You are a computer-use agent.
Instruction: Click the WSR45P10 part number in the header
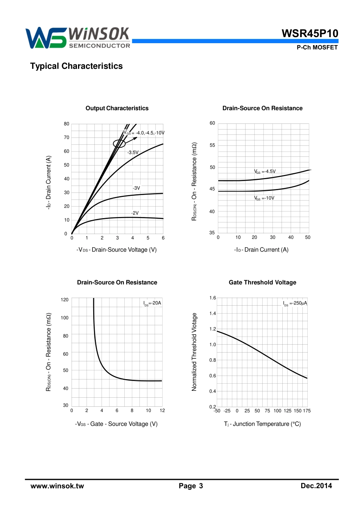(310, 33)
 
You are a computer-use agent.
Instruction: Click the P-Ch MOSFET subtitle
(317, 47)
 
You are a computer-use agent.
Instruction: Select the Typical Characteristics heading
(77, 66)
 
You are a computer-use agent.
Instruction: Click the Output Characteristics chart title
(117, 108)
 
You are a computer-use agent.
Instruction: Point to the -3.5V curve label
(133, 153)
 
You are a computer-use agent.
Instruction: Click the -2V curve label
(135, 213)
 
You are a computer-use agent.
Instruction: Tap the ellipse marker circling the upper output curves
(119, 144)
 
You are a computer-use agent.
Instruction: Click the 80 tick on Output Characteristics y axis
(67, 124)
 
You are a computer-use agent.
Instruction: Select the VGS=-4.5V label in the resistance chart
(265, 172)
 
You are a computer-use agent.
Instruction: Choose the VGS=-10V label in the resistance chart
(264, 198)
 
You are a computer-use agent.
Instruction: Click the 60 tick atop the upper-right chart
(212, 123)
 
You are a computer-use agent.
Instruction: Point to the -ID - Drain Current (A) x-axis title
(261, 250)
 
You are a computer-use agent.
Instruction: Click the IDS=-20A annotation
(152, 303)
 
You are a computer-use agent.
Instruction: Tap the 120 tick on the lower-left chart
(65, 300)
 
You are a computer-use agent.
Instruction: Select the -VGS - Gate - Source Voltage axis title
(116, 424)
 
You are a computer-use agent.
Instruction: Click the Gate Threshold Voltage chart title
(262, 283)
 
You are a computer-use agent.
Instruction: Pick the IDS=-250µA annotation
(295, 303)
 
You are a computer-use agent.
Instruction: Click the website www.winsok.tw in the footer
(57, 486)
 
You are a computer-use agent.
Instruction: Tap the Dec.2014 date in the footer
(316, 486)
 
